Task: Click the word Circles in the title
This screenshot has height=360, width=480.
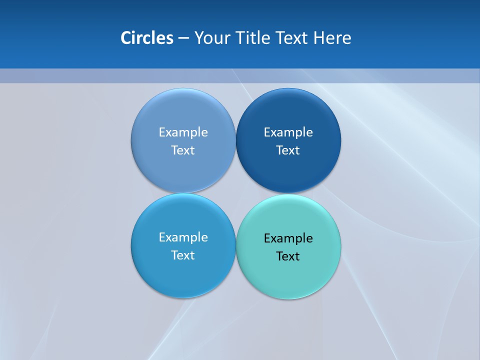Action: pos(147,38)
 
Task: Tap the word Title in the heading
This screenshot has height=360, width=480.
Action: pos(254,38)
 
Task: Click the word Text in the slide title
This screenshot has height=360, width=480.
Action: pos(292,38)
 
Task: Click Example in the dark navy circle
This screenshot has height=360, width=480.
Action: pos(288,132)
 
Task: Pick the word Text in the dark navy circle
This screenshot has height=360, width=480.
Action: pos(288,150)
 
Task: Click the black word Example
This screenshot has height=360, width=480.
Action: pos(288,238)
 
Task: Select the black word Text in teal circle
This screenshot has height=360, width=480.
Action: pos(288,256)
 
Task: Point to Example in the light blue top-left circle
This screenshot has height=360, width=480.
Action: pos(183,132)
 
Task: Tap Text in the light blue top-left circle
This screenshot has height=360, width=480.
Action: pos(183,150)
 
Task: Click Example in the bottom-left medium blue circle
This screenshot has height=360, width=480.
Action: pos(183,237)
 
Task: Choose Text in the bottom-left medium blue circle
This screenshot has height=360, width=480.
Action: pos(183,255)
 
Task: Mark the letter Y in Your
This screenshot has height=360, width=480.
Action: pos(198,38)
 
